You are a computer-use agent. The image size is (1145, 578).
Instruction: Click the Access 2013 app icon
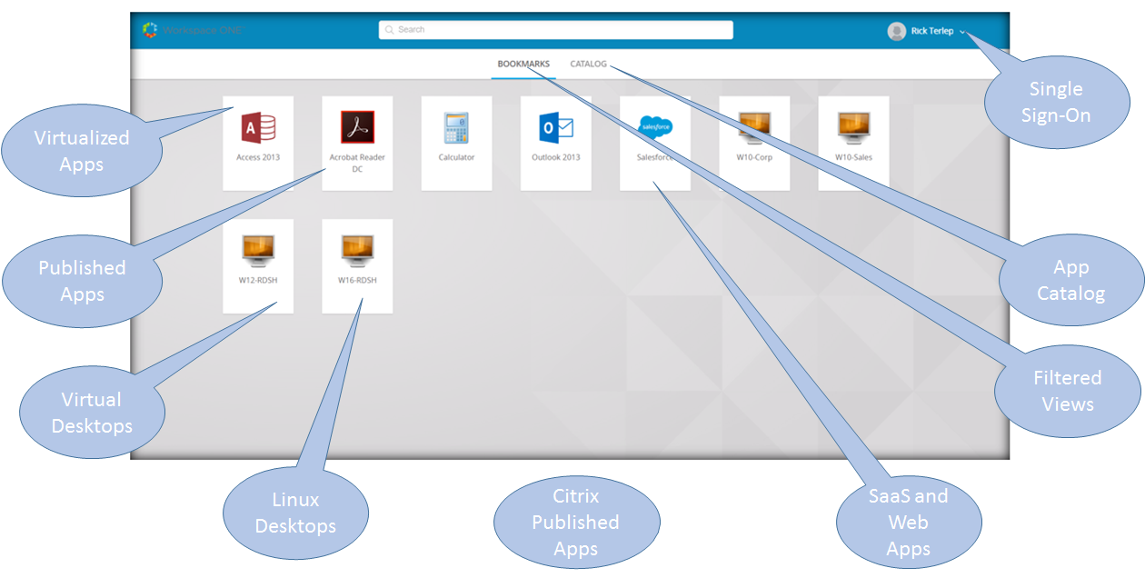point(258,127)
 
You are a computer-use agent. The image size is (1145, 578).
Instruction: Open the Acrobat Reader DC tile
point(357,127)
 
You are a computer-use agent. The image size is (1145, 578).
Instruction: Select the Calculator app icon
point(456,127)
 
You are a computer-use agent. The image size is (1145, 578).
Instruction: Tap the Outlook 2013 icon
point(555,127)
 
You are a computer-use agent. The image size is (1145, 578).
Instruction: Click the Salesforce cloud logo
point(654,126)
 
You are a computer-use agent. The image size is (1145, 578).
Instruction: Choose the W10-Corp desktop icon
point(754,127)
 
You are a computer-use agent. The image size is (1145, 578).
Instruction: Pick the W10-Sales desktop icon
point(853,127)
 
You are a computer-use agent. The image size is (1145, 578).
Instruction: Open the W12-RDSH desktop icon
point(258,250)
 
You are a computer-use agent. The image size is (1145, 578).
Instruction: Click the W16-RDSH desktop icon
point(357,250)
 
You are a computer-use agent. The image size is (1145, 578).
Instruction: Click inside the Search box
point(555,30)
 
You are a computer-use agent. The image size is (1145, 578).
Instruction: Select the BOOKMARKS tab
point(523,65)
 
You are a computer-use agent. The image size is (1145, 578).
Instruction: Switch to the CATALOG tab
point(588,65)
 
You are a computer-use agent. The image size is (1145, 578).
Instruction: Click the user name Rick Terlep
point(932,31)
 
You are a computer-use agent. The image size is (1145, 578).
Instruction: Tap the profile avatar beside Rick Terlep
point(897,31)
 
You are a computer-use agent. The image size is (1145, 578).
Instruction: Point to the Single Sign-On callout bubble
point(1055,102)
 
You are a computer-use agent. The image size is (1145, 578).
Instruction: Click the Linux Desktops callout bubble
point(295,513)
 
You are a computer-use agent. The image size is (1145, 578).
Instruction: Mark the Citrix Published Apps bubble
point(575,522)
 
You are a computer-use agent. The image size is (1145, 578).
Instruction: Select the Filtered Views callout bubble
point(1067,391)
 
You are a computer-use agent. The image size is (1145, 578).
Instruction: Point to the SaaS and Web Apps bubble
point(908,522)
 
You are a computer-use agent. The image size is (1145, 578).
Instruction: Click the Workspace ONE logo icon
point(150,30)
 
